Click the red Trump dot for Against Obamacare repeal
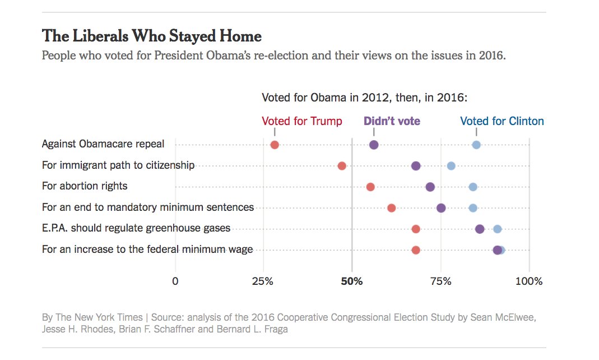tap(275, 145)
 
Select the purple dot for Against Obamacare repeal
tap(374, 145)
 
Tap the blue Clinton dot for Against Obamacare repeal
tap(476, 145)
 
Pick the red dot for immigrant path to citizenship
tap(342, 165)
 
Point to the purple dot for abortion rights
tap(430, 187)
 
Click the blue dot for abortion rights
tap(473, 187)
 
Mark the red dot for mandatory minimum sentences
tap(391, 208)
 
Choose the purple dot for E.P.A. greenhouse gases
tap(480, 229)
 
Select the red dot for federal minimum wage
tap(416, 250)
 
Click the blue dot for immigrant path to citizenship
tap(451, 165)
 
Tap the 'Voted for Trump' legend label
tap(301, 121)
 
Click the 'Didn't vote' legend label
tap(392, 121)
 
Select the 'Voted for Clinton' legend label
tap(502, 121)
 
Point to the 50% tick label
tap(352, 281)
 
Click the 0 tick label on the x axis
tap(175, 281)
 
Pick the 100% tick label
tap(529, 281)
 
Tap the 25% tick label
tap(263, 281)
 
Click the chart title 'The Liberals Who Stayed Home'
tap(152, 36)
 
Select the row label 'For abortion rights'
tap(85, 186)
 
